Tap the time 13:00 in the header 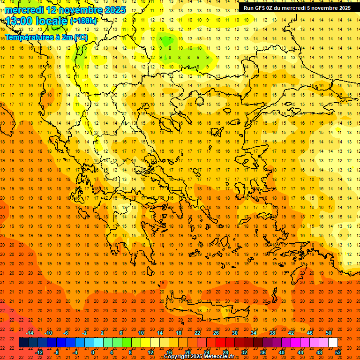pos(21,21)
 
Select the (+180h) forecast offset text pos(83,21)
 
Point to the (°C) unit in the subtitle pos(80,37)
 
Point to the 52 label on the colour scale pos(338,352)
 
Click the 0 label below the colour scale pos(93,352)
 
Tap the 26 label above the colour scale pos(216,333)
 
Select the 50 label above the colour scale pos(328,333)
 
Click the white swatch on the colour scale pos(333,343)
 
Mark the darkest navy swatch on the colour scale pos(23,343)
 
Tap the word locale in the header pos(52,21)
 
